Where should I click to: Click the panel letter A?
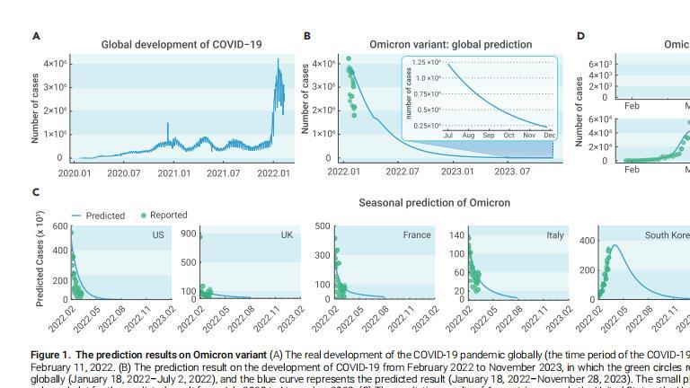[x=36, y=36]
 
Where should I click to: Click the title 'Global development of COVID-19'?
[x=181, y=44]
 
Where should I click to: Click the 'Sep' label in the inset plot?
[x=489, y=136]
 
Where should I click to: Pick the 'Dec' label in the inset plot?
[x=550, y=136]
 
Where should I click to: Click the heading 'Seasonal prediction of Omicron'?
[x=434, y=203]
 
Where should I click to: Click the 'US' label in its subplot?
[x=158, y=235]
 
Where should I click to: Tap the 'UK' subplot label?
[x=287, y=235]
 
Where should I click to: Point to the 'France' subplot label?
[x=417, y=235]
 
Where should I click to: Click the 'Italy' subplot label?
[x=555, y=235]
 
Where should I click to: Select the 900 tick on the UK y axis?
[x=189, y=234]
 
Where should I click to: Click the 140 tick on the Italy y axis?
[x=457, y=235]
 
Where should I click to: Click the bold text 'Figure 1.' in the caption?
[x=51, y=355]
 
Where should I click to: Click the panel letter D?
[x=580, y=36]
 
